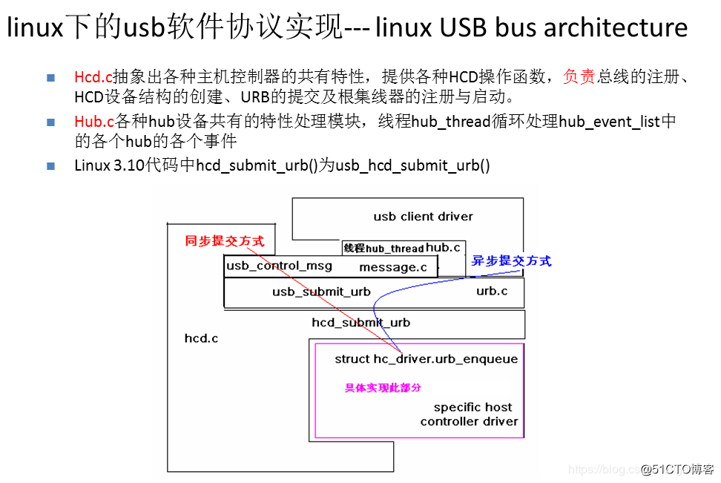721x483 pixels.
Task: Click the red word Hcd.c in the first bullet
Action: pos(93,77)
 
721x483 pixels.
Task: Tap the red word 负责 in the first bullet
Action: pos(579,77)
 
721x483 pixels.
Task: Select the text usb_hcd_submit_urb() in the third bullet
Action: pos(413,165)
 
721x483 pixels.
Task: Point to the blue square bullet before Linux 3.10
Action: pos(51,165)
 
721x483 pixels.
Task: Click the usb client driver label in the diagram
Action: pos(423,217)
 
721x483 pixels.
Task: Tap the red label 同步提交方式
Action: pos(224,241)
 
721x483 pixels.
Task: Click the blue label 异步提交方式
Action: pos(511,261)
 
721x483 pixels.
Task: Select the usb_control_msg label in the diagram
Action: pos(279,266)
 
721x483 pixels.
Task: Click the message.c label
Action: pos(393,267)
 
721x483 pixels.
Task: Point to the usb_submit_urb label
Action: pos(321,292)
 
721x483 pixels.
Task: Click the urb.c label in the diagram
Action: pos(492,291)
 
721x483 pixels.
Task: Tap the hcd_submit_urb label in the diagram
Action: pos(360,323)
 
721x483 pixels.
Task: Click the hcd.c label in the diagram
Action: pos(201,338)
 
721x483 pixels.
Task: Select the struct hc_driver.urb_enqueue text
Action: pos(426,359)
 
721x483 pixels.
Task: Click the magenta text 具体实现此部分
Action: pos(383,387)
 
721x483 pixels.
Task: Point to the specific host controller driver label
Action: pos(469,414)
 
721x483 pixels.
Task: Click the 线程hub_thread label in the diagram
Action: pos(383,249)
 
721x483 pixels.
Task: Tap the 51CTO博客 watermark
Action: pos(676,469)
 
